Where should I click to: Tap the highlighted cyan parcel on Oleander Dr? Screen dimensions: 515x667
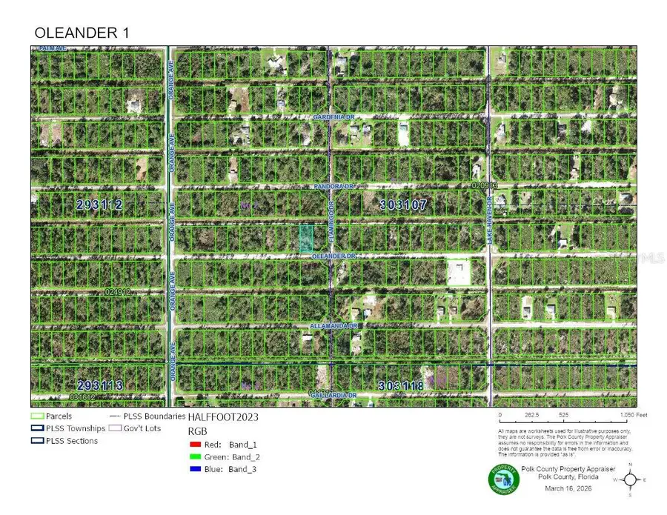pos(305,238)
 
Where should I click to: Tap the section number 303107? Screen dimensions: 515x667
pos(402,205)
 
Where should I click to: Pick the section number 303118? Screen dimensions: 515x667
pos(400,385)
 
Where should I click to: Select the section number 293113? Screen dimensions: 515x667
pos(100,385)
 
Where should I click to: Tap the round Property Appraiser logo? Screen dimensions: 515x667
pos(503,480)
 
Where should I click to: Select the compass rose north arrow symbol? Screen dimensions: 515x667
pos(630,479)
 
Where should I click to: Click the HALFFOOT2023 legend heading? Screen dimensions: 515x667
pos(223,417)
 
